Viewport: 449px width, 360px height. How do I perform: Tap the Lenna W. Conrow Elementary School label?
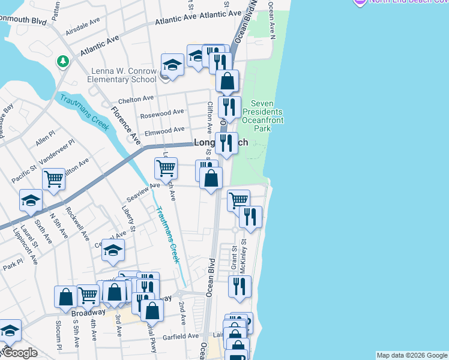click(x=123, y=75)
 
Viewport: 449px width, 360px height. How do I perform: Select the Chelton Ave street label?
click(x=136, y=99)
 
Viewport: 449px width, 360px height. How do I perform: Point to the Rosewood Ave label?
click(x=161, y=112)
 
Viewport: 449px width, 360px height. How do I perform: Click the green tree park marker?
click(x=62, y=61)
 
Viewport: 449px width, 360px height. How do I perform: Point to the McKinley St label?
click(x=243, y=257)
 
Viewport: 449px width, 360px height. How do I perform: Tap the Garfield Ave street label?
click(x=182, y=336)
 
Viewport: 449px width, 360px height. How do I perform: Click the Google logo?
click(x=20, y=353)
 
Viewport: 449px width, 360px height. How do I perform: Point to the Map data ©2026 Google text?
click(x=411, y=355)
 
